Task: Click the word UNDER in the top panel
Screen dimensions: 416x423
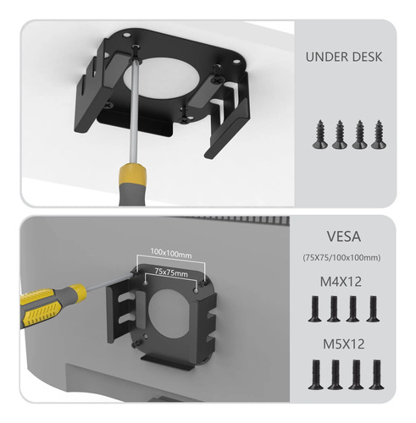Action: [323, 57]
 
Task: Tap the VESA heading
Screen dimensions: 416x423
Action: [344, 236]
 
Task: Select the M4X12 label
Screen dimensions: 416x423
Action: [341, 282]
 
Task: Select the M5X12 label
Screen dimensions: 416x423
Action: [343, 343]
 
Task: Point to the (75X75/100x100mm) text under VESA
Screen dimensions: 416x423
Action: [341, 257]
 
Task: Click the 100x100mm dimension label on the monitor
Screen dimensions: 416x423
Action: [171, 253]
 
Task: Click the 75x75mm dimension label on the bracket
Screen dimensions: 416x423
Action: [171, 272]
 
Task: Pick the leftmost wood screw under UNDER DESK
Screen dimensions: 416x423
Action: [320, 135]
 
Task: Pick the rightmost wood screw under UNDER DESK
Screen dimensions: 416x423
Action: [379, 135]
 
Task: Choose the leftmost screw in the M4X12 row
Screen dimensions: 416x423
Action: [315, 309]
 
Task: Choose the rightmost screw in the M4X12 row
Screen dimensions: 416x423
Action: [373, 309]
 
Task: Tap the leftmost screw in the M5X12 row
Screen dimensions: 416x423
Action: [316, 375]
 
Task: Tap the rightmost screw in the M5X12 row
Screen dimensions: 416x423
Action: [376, 375]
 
